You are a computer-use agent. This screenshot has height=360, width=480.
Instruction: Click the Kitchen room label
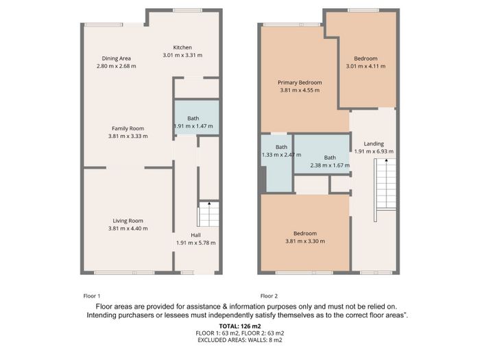pos(182,47)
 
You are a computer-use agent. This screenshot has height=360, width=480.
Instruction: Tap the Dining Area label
pos(117,58)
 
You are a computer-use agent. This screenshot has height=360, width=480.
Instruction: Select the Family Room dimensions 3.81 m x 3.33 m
pos(128,136)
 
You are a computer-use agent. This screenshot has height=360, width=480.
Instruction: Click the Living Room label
pos(128,221)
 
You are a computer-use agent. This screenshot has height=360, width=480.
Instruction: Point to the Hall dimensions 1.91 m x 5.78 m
pos(196,243)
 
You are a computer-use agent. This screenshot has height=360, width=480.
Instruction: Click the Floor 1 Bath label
pos(193,118)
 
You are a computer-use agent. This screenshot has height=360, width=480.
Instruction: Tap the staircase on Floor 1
pos(209,214)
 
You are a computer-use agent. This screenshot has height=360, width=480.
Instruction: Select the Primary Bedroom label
pos(300,82)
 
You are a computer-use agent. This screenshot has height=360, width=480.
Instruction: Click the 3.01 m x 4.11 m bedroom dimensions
pos(365,66)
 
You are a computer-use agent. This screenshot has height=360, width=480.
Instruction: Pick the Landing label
pos(374,143)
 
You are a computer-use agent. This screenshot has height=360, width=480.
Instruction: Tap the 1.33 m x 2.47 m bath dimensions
pos(281,155)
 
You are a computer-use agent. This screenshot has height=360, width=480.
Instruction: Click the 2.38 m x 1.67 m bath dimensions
pos(330,165)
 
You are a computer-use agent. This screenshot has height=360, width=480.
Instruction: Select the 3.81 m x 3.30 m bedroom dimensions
pos(305,241)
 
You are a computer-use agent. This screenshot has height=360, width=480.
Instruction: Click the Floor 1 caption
pos(92,296)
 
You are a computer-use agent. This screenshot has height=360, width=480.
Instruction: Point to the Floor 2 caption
pos(269,296)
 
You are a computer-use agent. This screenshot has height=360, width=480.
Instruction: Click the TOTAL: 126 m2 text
pos(240,326)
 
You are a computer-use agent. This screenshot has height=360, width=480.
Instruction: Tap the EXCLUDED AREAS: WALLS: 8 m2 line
pos(240,340)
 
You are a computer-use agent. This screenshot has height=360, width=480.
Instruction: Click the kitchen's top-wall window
pos(187,10)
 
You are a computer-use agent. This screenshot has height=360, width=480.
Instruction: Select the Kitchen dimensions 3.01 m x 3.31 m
pos(182,56)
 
